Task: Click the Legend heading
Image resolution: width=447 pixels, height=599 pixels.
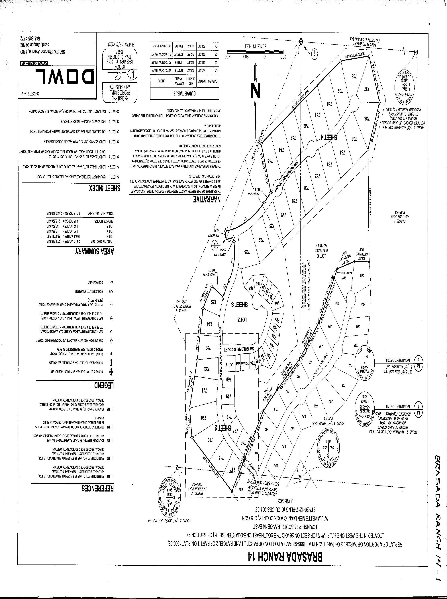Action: pyautogui.click(x=104, y=385)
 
